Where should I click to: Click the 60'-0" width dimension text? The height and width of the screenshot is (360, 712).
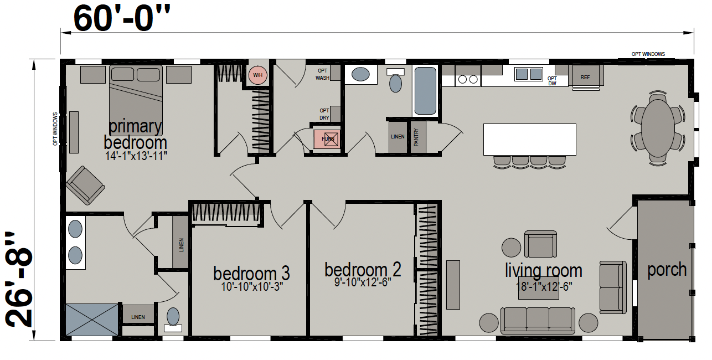pyautogui.click(x=122, y=18)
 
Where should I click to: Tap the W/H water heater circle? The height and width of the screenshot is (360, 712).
pyautogui.click(x=257, y=75)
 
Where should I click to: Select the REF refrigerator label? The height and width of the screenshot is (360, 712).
pyautogui.click(x=585, y=78)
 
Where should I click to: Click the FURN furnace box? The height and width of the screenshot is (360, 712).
pyautogui.click(x=327, y=139)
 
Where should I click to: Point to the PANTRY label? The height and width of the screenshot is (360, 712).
pyautogui.click(x=416, y=137)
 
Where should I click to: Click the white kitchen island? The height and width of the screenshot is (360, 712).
pyautogui.click(x=529, y=140)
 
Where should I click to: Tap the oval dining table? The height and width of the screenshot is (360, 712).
pyautogui.click(x=658, y=128)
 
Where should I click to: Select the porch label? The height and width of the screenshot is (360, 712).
pyautogui.click(x=667, y=270)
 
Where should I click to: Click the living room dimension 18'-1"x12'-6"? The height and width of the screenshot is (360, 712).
pyautogui.click(x=544, y=287)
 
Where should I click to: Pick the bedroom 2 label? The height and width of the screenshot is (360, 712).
pyautogui.click(x=363, y=270)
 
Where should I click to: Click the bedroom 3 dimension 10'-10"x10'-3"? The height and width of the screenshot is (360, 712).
pyautogui.click(x=252, y=287)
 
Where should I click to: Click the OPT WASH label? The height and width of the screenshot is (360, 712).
pyautogui.click(x=322, y=74)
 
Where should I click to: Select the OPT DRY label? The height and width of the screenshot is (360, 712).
pyautogui.click(x=324, y=114)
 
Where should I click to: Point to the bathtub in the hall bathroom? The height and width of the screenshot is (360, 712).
pyautogui.click(x=425, y=91)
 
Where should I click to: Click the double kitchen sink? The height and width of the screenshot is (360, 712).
pyautogui.click(x=529, y=74)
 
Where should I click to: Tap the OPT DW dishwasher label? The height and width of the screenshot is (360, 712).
pyautogui.click(x=552, y=81)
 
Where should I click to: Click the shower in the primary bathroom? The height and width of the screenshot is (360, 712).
pyautogui.click(x=92, y=320)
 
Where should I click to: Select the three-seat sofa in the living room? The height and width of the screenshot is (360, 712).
pyautogui.click(x=538, y=320)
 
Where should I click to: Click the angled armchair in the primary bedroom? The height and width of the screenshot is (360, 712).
pyautogui.click(x=85, y=185)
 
